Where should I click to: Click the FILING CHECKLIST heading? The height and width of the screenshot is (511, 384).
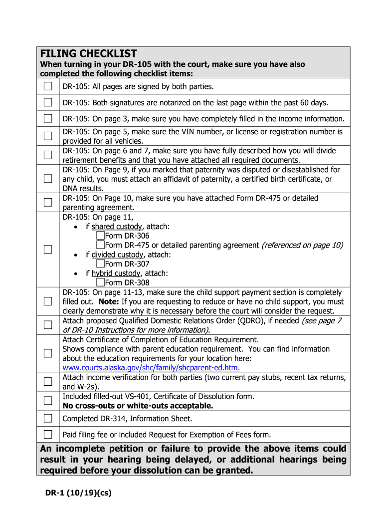pyautogui.click(x=88, y=53)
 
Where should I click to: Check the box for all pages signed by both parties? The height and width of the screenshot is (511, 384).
pyautogui.click(x=47, y=86)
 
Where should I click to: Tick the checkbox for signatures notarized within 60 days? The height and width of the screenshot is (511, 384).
pyautogui.click(x=47, y=103)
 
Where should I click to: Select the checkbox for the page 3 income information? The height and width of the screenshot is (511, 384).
pyautogui.click(x=47, y=119)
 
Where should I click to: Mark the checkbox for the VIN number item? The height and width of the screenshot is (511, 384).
pyautogui.click(x=47, y=136)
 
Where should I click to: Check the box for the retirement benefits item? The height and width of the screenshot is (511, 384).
pyautogui.click(x=47, y=155)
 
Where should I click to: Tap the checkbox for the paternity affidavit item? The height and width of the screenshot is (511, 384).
pyautogui.click(x=47, y=179)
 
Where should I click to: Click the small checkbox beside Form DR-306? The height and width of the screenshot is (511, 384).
pyautogui.click(x=101, y=236)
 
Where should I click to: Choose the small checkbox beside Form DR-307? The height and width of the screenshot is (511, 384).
pyautogui.click(x=101, y=264)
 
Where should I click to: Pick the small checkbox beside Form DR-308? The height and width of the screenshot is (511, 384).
pyautogui.click(x=101, y=283)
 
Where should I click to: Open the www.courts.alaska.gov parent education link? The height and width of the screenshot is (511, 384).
pyautogui.click(x=151, y=368)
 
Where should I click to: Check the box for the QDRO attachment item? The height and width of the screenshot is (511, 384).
pyautogui.click(x=47, y=325)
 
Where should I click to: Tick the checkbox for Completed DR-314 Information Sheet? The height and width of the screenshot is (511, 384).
pyautogui.click(x=47, y=418)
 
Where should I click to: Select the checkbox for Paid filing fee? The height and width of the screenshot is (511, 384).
pyautogui.click(x=47, y=434)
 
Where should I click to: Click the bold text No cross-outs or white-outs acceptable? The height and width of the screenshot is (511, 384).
pyautogui.click(x=138, y=406)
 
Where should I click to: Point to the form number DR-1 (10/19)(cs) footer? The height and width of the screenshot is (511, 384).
pyautogui.click(x=76, y=493)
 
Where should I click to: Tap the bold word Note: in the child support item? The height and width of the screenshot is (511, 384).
pyautogui.click(x=108, y=302)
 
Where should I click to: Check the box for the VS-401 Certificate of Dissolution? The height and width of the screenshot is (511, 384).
pyautogui.click(x=47, y=401)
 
